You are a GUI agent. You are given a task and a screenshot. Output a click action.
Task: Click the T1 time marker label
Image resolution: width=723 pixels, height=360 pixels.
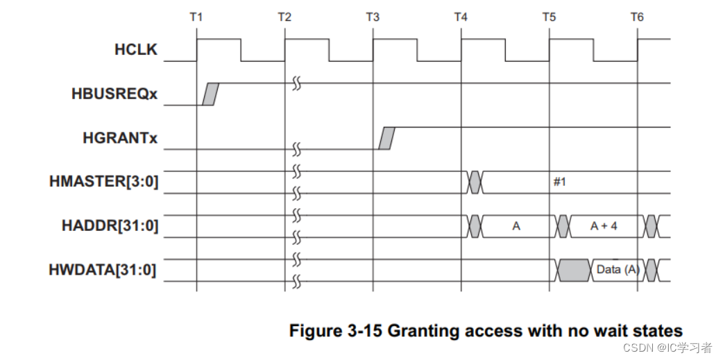(x=196, y=17)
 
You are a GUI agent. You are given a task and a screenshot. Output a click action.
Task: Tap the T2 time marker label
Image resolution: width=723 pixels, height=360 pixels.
(x=284, y=17)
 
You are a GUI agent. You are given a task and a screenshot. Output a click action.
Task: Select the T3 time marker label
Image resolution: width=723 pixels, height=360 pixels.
(x=373, y=17)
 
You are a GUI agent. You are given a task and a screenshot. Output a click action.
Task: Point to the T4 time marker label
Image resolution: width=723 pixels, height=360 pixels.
(x=461, y=17)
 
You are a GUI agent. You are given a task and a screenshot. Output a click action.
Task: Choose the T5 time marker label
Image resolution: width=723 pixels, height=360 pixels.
(x=549, y=17)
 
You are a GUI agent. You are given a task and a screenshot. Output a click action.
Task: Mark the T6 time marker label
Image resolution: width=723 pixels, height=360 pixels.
(x=637, y=17)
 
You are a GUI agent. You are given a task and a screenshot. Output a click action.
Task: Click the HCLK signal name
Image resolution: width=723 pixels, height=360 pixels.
(x=136, y=50)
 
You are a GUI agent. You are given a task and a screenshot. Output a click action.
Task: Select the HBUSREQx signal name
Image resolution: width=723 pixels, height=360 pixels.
(x=114, y=94)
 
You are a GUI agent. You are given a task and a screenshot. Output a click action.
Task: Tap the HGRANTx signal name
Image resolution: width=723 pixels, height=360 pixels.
(x=120, y=138)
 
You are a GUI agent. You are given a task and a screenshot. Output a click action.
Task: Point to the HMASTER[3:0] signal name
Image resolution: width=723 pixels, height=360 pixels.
(x=104, y=182)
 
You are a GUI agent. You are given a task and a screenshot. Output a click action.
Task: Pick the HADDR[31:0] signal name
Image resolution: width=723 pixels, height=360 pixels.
(x=110, y=226)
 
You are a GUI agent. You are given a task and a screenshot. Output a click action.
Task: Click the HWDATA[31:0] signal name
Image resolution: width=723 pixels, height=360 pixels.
(x=103, y=270)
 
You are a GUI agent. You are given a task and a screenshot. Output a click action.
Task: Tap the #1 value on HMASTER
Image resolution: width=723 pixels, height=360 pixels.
(x=559, y=182)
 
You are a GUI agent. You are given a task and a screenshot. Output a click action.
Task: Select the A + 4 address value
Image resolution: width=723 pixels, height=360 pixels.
(x=604, y=226)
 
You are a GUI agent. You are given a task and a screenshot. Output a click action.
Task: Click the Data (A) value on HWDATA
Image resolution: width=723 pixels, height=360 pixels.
(x=618, y=270)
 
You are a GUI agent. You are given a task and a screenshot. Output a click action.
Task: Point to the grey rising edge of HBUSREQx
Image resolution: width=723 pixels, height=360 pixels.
(x=210, y=94)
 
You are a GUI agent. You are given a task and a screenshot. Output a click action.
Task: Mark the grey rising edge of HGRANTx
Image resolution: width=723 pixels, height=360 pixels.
(x=386, y=138)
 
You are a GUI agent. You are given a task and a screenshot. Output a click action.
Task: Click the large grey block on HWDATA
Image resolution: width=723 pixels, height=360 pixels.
(x=574, y=270)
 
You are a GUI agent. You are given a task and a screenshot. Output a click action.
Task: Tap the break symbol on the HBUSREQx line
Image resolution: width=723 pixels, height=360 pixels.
(x=297, y=83)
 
